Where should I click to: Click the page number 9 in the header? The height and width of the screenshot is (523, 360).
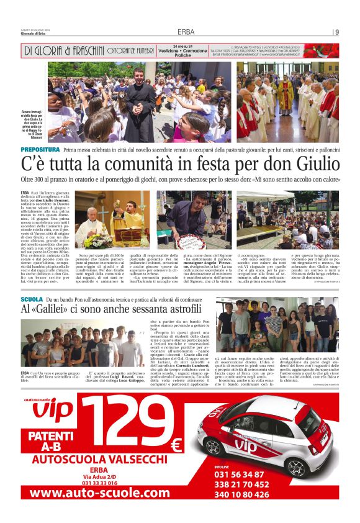(337, 32)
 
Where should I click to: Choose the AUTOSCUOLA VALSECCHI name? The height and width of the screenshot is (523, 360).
(102, 459)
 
